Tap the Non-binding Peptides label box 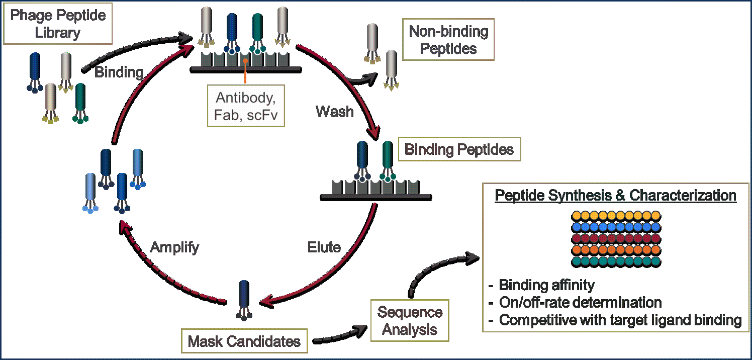point(448,40)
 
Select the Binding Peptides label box point(459,150)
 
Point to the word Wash point(334,111)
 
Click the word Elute point(324,247)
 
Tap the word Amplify point(174,247)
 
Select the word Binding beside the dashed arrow point(119,72)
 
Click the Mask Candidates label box point(244,342)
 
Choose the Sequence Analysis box point(410,321)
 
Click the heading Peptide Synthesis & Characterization point(615,196)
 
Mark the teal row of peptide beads point(616,261)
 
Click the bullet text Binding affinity point(546,286)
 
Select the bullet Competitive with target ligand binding point(620,320)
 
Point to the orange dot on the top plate point(245,60)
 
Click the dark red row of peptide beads point(616,239)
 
